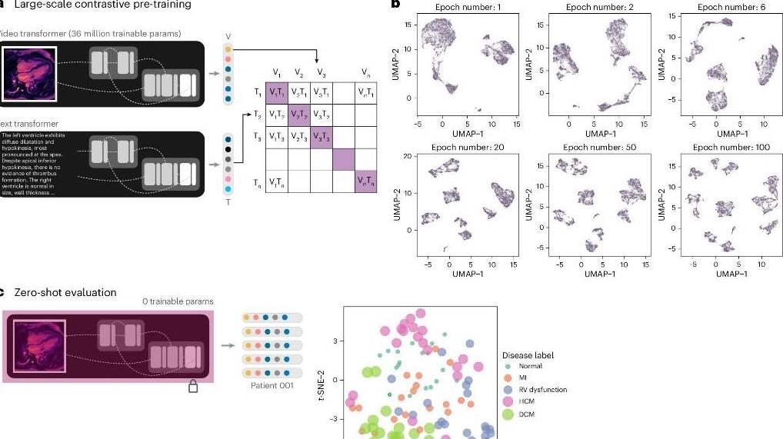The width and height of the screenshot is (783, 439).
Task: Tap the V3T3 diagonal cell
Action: (322, 137)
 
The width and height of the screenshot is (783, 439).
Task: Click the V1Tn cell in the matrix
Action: (277, 182)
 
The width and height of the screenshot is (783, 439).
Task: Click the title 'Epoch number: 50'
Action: (592, 147)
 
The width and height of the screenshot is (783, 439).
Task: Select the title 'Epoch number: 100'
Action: (725, 147)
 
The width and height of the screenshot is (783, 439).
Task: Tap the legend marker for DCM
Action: (508, 414)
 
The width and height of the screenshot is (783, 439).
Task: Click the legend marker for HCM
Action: (508, 402)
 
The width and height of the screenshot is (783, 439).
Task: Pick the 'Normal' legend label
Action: (531, 366)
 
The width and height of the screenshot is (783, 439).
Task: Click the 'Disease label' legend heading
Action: (528, 355)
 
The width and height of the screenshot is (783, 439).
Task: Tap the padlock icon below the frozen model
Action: (193, 387)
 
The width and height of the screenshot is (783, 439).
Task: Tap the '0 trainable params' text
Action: (178, 301)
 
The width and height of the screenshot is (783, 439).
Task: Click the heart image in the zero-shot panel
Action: (39, 345)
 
